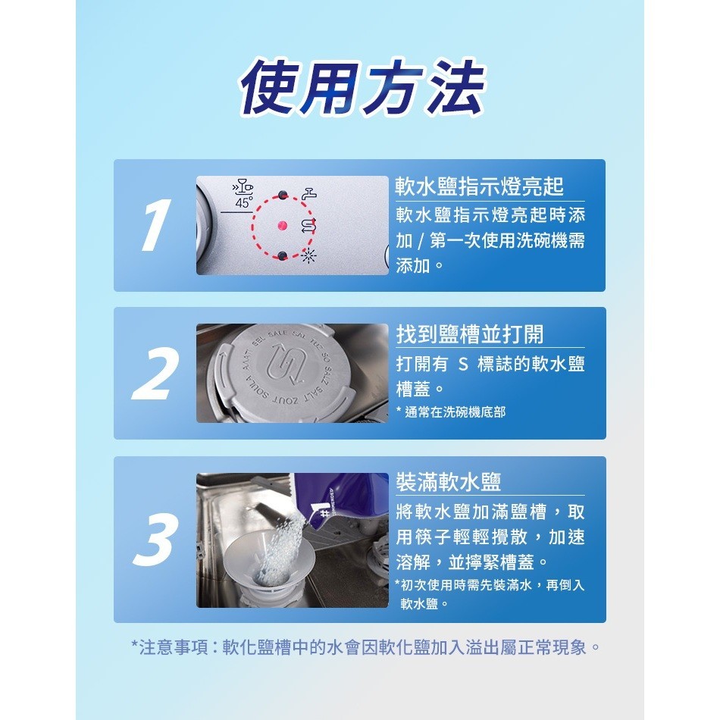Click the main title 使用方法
click(x=362, y=87)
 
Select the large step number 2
click(x=155, y=374)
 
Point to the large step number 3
click(x=155, y=540)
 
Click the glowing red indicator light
click(x=283, y=225)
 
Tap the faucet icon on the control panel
click(x=309, y=193)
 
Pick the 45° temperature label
click(x=243, y=203)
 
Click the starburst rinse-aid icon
click(x=308, y=255)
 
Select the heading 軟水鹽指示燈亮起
click(x=480, y=186)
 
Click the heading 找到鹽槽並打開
click(x=470, y=333)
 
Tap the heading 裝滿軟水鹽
click(x=448, y=482)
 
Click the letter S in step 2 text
click(x=463, y=365)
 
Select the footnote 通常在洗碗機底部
click(x=455, y=412)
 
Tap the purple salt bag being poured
click(x=340, y=499)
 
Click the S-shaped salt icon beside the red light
click(x=308, y=224)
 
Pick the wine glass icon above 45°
click(x=243, y=186)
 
